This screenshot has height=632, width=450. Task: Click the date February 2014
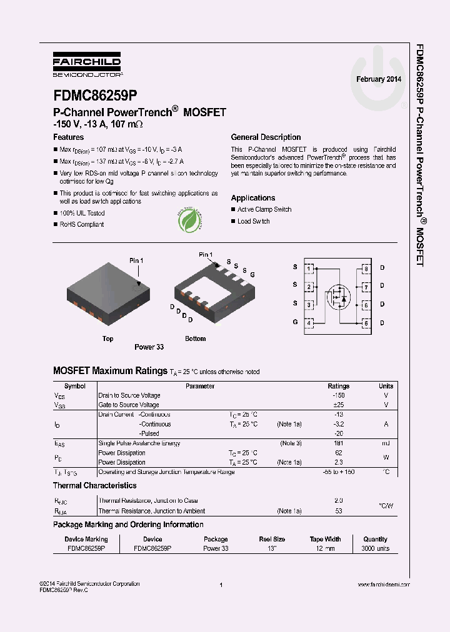[379, 79]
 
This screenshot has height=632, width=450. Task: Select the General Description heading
[266, 137]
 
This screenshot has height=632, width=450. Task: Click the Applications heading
[253, 198]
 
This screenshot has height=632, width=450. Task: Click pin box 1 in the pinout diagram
[309, 269]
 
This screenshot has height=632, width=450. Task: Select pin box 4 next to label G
[309, 323]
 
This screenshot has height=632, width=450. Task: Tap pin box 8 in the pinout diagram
[366, 269]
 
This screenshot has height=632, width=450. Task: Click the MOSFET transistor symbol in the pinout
[338, 295]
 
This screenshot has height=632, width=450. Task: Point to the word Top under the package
[108, 338]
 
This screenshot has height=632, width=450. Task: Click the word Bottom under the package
[195, 338]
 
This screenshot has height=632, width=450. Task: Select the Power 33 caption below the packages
[149, 347]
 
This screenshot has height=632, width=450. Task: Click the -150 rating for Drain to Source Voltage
[339, 395]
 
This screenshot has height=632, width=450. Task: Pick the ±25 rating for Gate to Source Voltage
[339, 405]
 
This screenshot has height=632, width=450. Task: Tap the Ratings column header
[339, 386]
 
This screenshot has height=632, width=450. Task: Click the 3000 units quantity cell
[375, 548]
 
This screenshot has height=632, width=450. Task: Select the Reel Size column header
[272, 539]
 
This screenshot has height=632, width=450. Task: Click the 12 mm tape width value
[325, 548]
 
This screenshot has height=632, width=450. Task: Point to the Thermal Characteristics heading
[94, 485]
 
